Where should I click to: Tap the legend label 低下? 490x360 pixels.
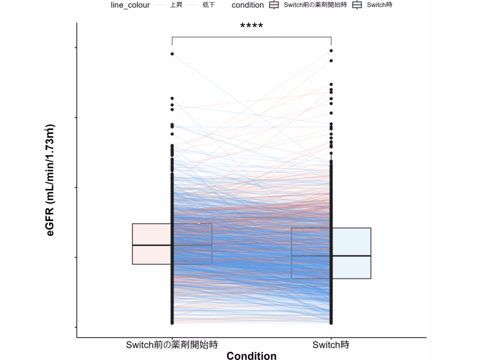click(x=209, y=5)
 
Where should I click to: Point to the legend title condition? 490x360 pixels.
click(x=247, y=5)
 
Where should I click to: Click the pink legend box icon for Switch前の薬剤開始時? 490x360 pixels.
click(x=274, y=5)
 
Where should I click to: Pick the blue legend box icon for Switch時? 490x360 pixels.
click(x=356, y=5)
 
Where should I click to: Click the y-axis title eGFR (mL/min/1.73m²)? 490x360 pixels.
click(x=50, y=180)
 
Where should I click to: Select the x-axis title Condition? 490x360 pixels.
click(x=251, y=356)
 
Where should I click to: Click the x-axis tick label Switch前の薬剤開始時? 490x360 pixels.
click(x=172, y=345)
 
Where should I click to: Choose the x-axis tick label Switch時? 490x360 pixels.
click(x=331, y=345)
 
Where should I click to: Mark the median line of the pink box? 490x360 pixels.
click(x=151, y=245)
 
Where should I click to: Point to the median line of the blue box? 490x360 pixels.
click(x=352, y=256)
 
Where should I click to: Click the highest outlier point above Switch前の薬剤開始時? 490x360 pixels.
click(x=172, y=54)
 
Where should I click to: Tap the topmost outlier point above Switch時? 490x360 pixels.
click(x=331, y=50)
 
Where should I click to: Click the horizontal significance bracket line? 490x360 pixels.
click(x=251, y=37)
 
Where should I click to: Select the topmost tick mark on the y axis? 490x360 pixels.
click(x=76, y=48)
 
